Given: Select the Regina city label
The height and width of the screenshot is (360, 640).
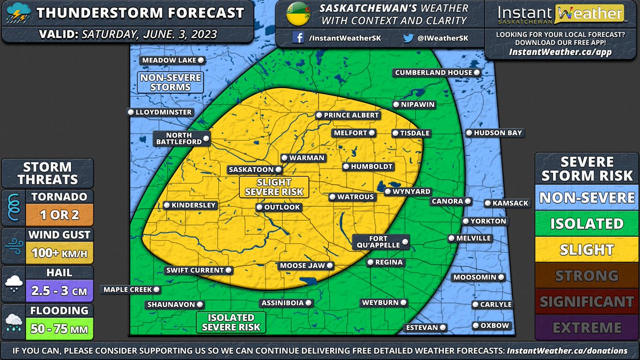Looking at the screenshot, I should [x=386, y=262].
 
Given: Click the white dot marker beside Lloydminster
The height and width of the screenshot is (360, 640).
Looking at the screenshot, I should [x=131, y=112].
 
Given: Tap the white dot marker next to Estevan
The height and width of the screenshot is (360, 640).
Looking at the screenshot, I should [x=442, y=327].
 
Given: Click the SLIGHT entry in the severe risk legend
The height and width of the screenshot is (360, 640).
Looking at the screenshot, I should [x=587, y=250].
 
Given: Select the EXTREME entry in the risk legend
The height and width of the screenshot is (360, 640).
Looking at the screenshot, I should [x=587, y=327].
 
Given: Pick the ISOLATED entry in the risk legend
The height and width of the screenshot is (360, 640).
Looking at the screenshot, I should [x=587, y=223].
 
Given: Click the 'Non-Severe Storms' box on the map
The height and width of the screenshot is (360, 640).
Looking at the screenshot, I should [x=163, y=82].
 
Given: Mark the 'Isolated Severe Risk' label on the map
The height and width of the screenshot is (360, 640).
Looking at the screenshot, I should [x=231, y=322].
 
